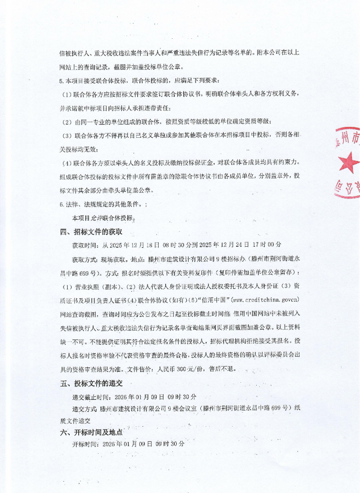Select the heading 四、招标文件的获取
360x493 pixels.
point(91,232)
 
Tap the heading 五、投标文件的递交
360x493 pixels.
point(91,383)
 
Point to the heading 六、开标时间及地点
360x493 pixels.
point(91,432)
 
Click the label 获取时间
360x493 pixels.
point(84,245)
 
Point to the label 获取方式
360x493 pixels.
point(84,260)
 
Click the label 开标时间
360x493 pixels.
point(84,444)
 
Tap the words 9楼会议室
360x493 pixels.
point(180,408)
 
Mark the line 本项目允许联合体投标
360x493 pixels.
point(103,218)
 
